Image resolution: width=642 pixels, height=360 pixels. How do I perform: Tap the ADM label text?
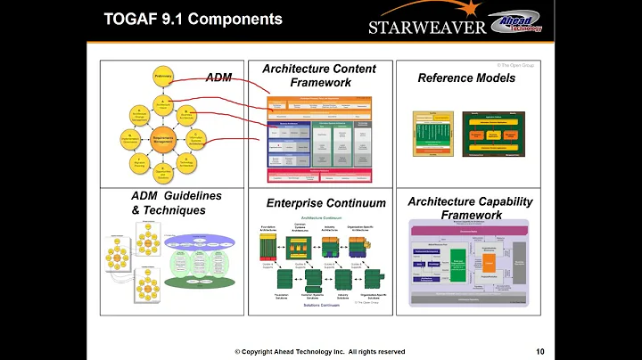(x=218, y=78)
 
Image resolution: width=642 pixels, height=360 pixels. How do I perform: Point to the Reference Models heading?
(x=466, y=78)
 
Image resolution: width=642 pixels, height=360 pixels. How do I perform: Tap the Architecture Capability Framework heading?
(x=470, y=208)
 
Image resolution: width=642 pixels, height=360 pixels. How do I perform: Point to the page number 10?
(x=541, y=350)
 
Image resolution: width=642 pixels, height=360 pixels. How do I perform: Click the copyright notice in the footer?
(x=320, y=351)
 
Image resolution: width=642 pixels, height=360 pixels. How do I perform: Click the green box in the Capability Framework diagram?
(x=459, y=267)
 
